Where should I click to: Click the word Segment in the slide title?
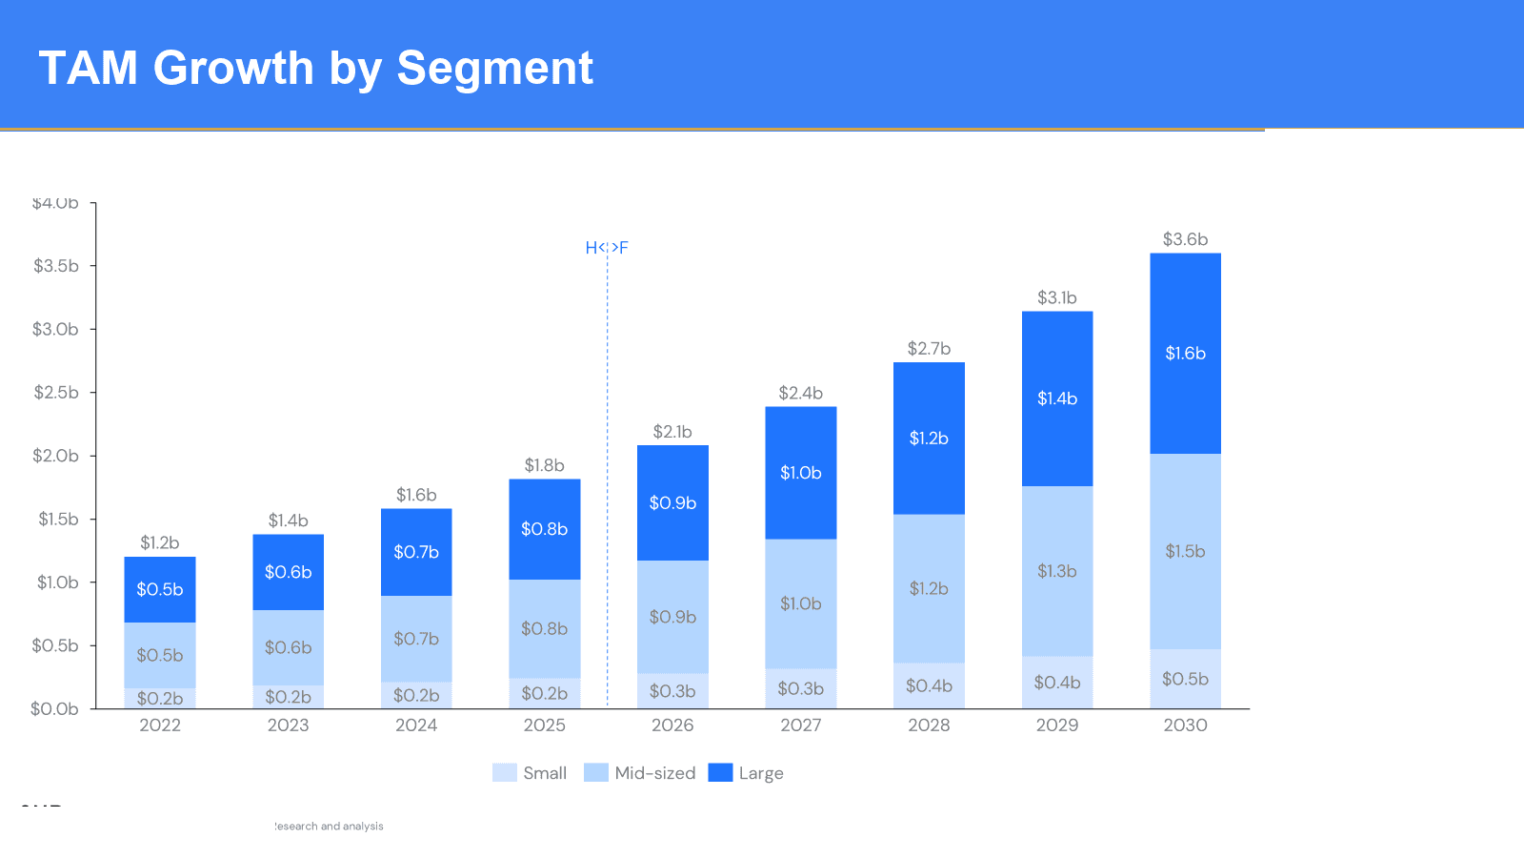[494, 69]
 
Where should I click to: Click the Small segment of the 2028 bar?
[929, 685]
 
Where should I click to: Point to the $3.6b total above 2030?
[1185, 239]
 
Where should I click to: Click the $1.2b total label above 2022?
[160, 542]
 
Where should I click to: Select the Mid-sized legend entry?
[640, 773]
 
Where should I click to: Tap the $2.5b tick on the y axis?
[56, 392]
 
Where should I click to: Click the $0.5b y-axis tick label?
[55, 645]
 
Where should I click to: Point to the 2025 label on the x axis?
[544, 725]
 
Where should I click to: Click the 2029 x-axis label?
[1057, 725]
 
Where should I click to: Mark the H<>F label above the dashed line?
[607, 248]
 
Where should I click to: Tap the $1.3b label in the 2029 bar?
[1057, 571]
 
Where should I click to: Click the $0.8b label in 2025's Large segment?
[544, 529]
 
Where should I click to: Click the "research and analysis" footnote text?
[330, 827]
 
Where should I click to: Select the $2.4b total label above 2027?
[800, 393]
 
